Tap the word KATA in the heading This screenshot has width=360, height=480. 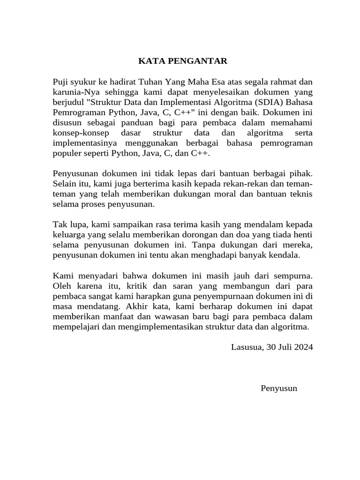[x=148, y=61]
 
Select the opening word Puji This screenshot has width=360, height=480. [x=61, y=83]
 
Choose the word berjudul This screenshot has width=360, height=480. [x=67, y=103]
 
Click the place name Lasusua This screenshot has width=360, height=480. [x=247, y=347]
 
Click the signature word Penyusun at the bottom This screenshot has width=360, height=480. [x=279, y=388]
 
